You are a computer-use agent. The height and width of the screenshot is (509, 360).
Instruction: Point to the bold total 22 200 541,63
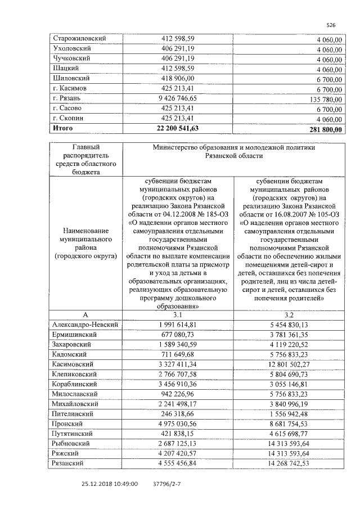(178, 129)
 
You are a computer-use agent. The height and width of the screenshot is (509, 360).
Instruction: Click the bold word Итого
(62, 129)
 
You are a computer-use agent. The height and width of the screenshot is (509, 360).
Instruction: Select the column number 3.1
(178, 315)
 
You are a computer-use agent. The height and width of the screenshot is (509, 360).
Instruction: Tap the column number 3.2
(289, 315)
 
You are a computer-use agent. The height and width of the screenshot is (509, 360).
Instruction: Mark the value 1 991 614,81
(178, 325)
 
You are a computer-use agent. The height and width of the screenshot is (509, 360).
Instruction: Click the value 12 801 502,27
(289, 364)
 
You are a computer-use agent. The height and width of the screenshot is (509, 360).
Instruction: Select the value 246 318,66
(178, 413)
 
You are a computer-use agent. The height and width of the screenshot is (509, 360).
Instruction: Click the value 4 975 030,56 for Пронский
(178, 424)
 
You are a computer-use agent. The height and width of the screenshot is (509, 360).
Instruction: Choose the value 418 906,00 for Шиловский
(178, 79)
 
